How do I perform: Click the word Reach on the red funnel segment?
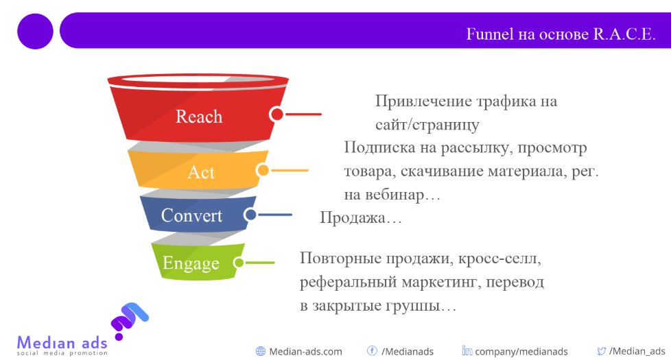(199, 117)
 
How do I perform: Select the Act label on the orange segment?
(201, 172)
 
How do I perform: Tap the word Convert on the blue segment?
(191, 215)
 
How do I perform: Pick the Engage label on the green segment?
(191, 263)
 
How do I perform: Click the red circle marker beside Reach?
(277, 114)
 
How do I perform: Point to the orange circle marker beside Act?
(263, 170)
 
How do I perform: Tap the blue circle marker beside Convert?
(250, 214)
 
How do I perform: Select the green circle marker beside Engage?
(239, 263)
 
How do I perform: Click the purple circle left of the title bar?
(35, 32)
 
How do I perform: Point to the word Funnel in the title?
(490, 34)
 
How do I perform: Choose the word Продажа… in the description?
(361, 217)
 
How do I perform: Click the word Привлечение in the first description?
(423, 101)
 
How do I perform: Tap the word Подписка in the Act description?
(379, 147)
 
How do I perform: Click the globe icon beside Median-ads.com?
(261, 352)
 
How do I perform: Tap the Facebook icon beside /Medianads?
(373, 350)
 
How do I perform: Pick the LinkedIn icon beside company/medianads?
(467, 350)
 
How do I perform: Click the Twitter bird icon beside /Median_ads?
(602, 351)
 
